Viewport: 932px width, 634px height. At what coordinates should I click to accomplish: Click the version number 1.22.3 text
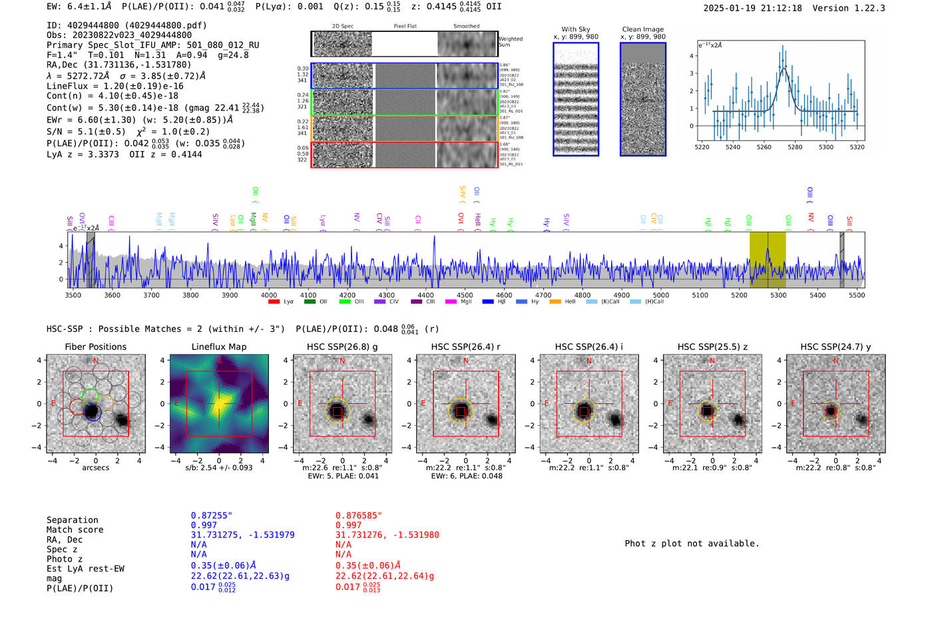pyautogui.click(x=865, y=8)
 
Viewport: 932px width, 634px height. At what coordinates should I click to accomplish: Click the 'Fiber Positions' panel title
pyautogui.click(x=95, y=347)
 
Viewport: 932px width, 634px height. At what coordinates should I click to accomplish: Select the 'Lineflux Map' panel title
pyautogui.click(x=219, y=347)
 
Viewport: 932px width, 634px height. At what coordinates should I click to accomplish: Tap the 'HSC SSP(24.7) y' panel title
pyautogui.click(x=835, y=347)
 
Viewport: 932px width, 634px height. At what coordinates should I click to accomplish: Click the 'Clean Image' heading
pyautogui.click(x=642, y=29)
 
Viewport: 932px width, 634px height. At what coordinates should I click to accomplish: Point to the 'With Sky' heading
pyautogui.click(x=576, y=29)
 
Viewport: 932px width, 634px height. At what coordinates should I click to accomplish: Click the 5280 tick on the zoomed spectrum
pyautogui.click(x=795, y=147)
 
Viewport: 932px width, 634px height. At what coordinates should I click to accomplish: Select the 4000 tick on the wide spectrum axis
pyautogui.click(x=269, y=295)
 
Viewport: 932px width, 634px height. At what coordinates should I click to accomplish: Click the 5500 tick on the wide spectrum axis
pyautogui.click(x=857, y=295)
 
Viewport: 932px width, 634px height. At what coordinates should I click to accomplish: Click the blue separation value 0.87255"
pyautogui.click(x=212, y=516)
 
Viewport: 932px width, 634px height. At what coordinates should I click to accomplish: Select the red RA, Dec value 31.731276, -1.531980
pyautogui.click(x=387, y=535)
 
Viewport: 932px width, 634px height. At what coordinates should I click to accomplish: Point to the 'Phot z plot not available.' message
pyautogui.click(x=692, y=544)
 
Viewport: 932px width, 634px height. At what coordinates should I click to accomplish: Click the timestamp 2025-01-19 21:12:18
pyautogui.click(x=752, y=8)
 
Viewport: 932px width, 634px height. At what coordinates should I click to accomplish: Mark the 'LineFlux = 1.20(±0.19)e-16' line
pyautogui.click(x=115, y=86)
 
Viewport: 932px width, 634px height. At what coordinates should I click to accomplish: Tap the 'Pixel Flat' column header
pyautogui.click(x=405, y=27)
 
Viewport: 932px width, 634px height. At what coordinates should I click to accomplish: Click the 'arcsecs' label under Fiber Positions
pyautogui.click(x=95, y=468)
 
